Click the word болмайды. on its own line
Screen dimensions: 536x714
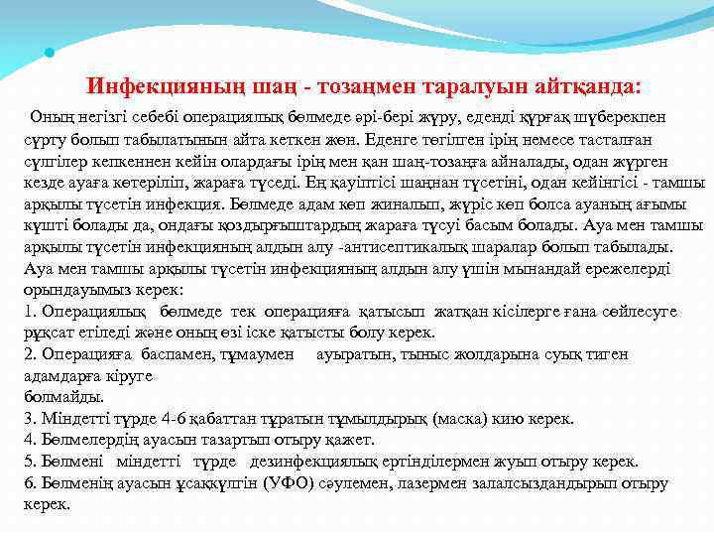tap(56, 396)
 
